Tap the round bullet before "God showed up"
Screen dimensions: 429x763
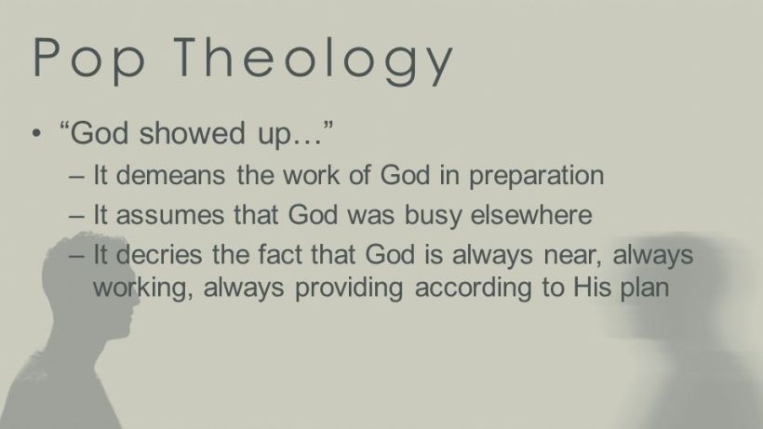tap(36, 134)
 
